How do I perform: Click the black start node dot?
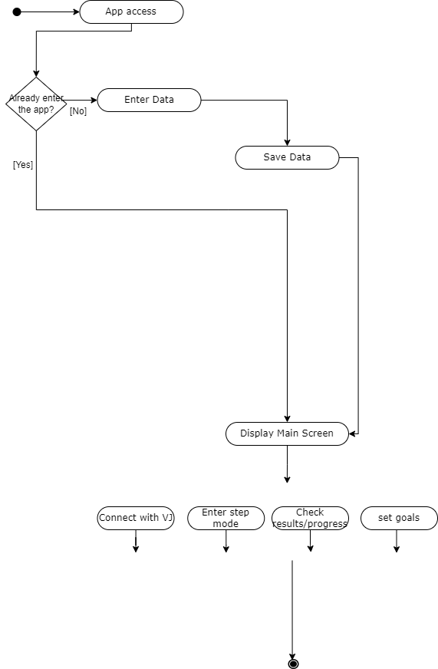point(17,12)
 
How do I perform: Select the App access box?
point(131,12)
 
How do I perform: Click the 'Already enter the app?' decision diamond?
point(36,104)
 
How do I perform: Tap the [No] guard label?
point(78,111)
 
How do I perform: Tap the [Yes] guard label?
point(23,165)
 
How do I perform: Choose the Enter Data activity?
point(150,101)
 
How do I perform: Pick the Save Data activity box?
point(287,158)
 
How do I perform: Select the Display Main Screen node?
point(287,434)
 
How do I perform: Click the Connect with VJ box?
point(136,519)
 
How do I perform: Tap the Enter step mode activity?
point(226,519)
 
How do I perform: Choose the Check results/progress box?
point(310,519)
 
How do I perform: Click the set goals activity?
point(399,519)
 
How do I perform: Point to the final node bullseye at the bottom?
point(293,664)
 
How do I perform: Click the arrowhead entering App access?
point(77,12)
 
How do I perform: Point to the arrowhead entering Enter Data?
point(94,101)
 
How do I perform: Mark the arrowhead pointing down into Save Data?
point(287,143)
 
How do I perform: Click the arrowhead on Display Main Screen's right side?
point(352,434)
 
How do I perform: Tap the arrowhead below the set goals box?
point(397,549)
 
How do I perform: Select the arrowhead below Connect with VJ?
point(136,549)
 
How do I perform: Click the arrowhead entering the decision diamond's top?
point(36,74)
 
